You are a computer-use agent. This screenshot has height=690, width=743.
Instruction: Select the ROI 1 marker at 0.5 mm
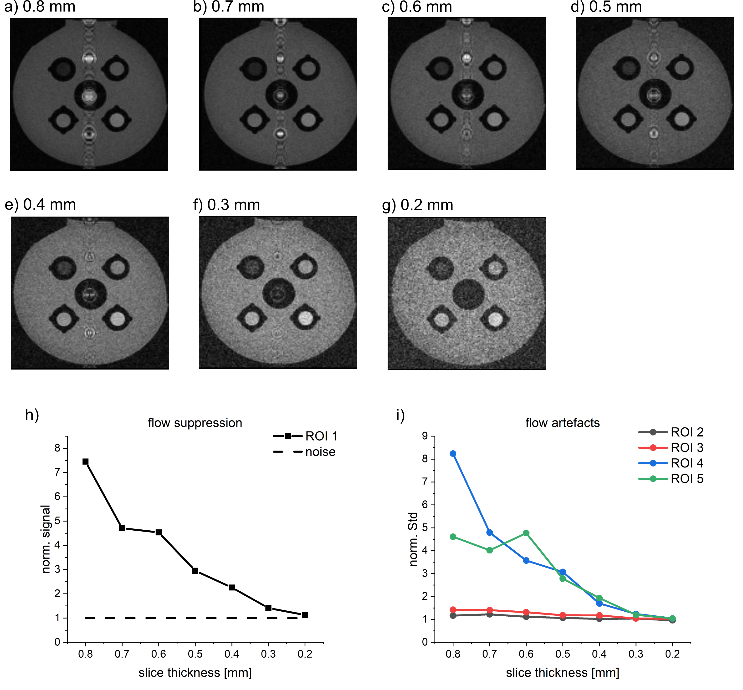pyautogui.click(x=195, y=571)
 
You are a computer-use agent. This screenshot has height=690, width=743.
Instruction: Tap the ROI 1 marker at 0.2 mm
pyautogui.click(x=305, y=614)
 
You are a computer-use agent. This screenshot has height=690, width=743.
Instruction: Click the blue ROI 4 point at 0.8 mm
pyautogui.click(x=453, y=454)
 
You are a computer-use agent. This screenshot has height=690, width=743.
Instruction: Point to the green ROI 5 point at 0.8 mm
pyautogui.click(x=453, y=537)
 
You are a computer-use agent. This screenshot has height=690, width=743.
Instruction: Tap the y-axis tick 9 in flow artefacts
pyautogui.click(x=425, y=436)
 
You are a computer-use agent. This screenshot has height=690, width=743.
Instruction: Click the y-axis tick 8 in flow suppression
pyautogui.click(x=57, y=448)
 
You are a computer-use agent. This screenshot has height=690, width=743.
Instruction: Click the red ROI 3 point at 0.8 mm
pyautogui.click(x=453, y=609)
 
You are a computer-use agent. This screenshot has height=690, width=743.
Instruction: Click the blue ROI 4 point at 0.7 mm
pyautogui.click(x=489, y=532)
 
